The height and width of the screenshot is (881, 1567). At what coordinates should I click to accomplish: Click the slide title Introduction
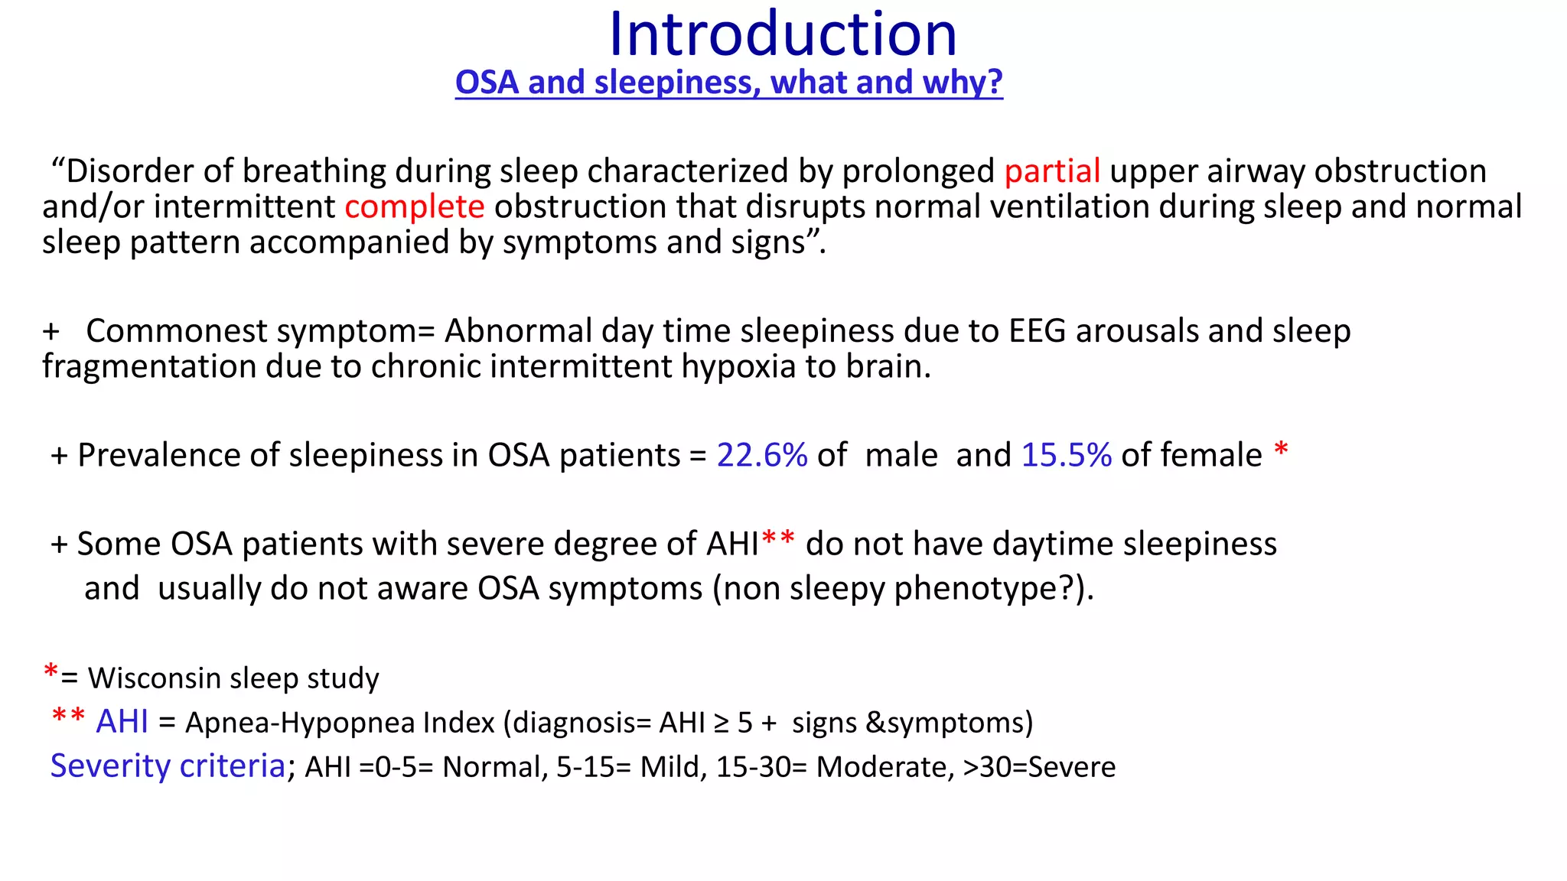coord(783,34)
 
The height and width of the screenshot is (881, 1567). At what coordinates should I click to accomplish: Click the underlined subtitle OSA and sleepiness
coord(728,82)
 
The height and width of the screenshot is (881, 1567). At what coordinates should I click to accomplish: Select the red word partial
coord(1052,171)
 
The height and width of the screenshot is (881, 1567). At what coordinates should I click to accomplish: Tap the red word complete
coord(414,206)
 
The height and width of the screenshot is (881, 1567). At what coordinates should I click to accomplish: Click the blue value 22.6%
coord(762,455)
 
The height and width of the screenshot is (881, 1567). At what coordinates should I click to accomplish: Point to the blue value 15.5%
coord(1067,455)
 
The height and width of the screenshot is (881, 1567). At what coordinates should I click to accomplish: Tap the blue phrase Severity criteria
coord(168,766)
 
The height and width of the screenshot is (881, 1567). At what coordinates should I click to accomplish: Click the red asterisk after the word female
coord(1281,450)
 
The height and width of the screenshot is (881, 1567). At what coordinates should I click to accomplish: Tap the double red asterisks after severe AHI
coord(778,540)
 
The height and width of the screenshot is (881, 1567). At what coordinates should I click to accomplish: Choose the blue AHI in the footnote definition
coord(122,722)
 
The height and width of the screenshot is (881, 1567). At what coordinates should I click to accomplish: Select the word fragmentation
coord(148,366)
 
